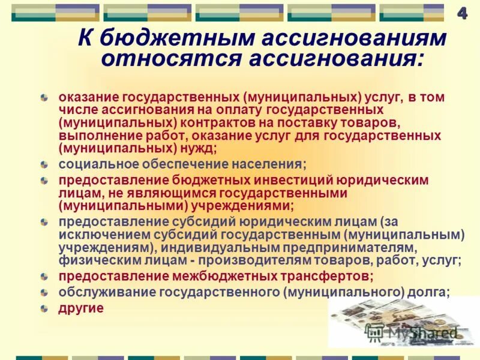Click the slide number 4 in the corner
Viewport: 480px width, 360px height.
(x=463, y=13)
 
